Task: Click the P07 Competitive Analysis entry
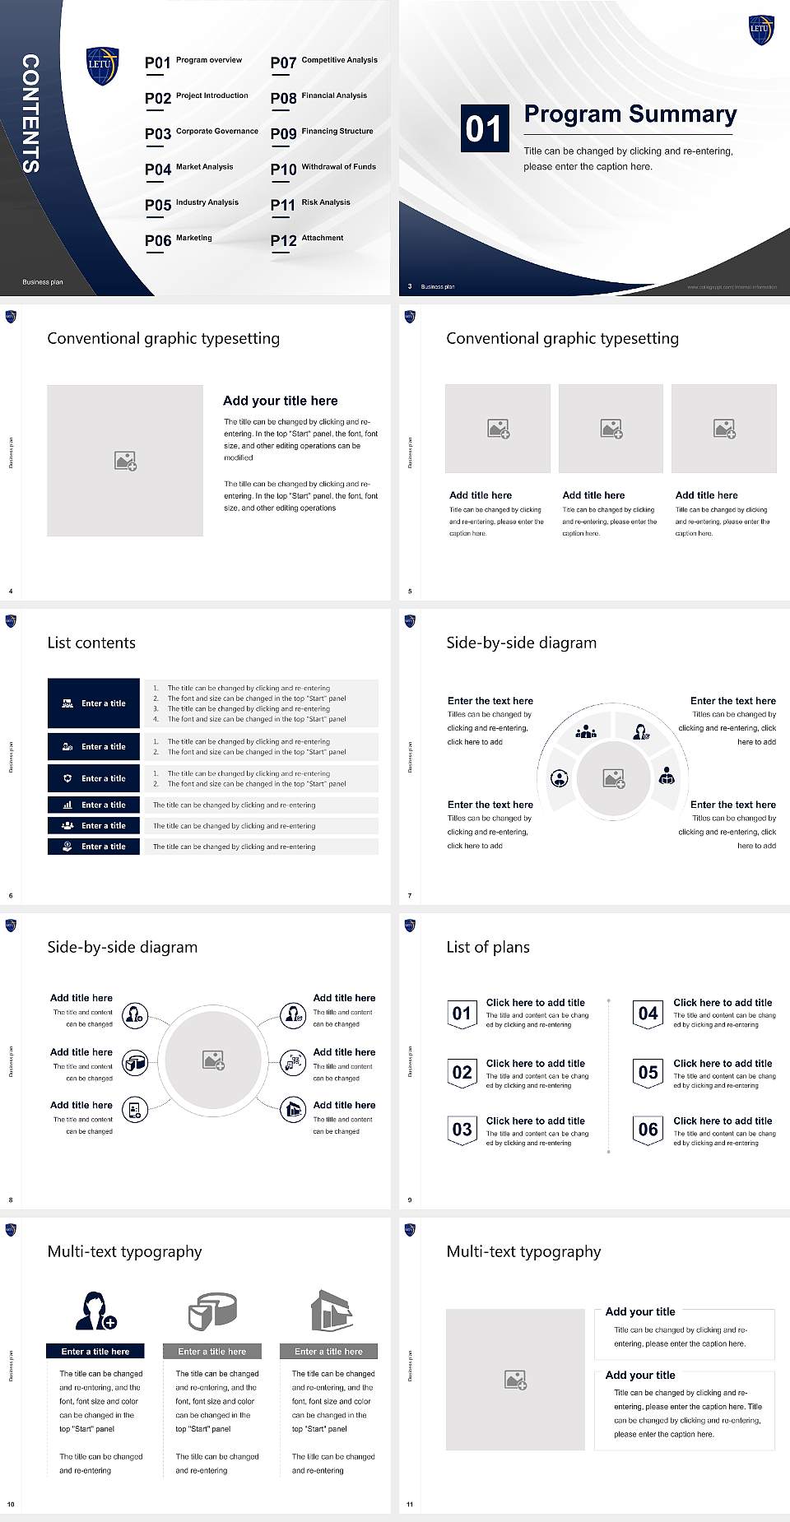323,62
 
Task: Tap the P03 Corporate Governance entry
201,132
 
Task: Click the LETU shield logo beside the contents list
102,65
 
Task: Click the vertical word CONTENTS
30,114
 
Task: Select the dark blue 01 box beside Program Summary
483,128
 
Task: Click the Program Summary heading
630,114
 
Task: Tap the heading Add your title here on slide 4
280,401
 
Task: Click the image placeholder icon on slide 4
125,461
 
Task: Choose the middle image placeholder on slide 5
611,429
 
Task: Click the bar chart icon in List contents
67,805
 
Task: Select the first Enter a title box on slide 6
94,703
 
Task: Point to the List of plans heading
488,947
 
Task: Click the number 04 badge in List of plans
648,1014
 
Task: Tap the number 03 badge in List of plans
462,1130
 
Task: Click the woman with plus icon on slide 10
95,1311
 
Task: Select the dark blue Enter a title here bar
95,1351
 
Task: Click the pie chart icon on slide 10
212,1311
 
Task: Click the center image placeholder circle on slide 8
214,1060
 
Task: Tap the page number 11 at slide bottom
410,1505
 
